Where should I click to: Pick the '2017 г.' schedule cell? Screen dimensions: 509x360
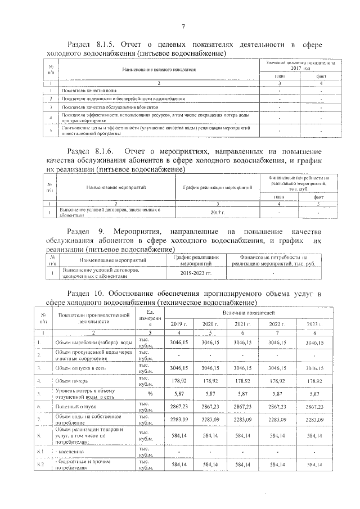pos(217,212)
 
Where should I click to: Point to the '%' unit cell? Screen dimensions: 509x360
pos(150,394)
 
